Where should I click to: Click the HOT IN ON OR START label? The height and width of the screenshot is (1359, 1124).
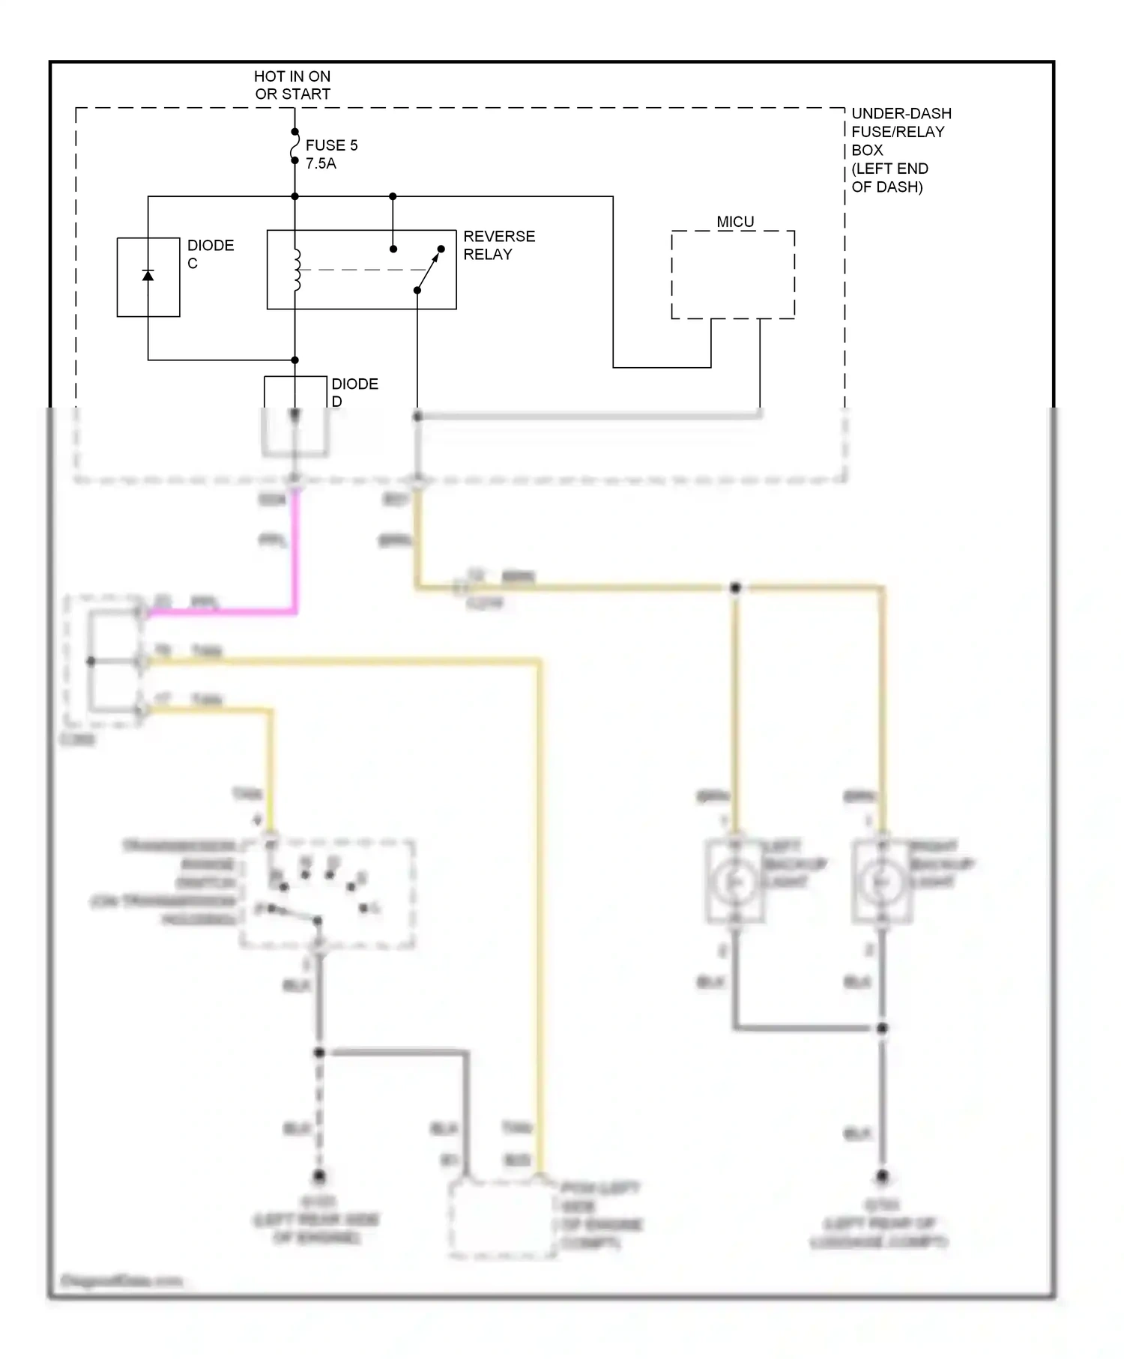coord(292,85)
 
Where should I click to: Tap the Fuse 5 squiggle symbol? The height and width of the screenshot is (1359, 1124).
coord(294,146)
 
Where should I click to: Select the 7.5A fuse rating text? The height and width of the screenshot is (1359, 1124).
coord(321,164)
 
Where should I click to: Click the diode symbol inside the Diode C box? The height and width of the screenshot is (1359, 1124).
coord(148,276)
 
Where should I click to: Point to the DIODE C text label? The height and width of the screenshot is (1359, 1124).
coord(210,254)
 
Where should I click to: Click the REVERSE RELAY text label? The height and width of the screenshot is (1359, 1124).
coord(498,245)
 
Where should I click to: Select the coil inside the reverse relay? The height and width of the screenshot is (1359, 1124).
coord(297,270)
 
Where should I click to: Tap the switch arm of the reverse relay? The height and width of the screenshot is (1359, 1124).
coord(429,270)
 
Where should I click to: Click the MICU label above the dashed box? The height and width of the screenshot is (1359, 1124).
coord(734,222)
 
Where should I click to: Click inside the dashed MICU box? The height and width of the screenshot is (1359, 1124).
coord(732,275)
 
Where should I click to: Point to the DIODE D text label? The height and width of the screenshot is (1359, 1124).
coord(354,392)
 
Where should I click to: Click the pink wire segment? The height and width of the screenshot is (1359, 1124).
coord(295,554)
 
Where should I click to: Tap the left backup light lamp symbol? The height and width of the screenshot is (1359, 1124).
coord(735,883)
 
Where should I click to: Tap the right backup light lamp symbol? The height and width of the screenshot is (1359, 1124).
coord(882,883)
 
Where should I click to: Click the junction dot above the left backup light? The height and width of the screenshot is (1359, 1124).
coord(735,588)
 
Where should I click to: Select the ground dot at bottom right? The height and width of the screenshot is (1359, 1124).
coord(882,1176)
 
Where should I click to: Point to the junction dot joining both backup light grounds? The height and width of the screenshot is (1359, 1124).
coord(882,1028)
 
